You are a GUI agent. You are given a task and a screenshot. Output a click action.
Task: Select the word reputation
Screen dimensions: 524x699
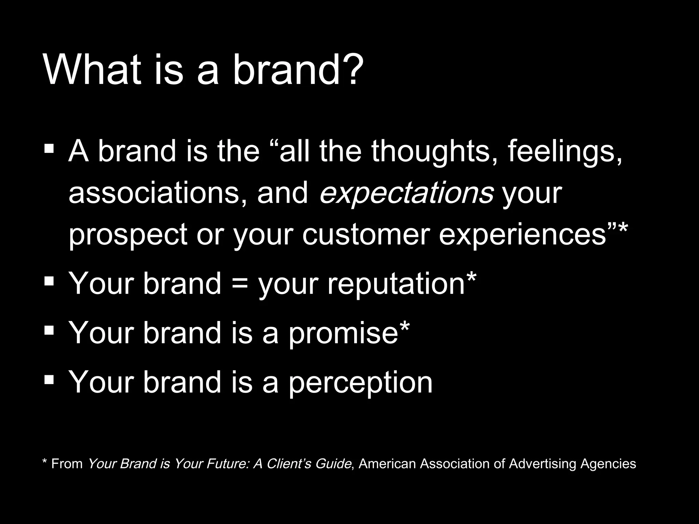[x=396, y=284]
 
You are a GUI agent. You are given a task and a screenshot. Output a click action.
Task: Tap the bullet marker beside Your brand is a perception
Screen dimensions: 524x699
[x=49, y=379]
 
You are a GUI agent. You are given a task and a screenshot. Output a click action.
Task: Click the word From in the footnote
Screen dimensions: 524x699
[x=67, y=464]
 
